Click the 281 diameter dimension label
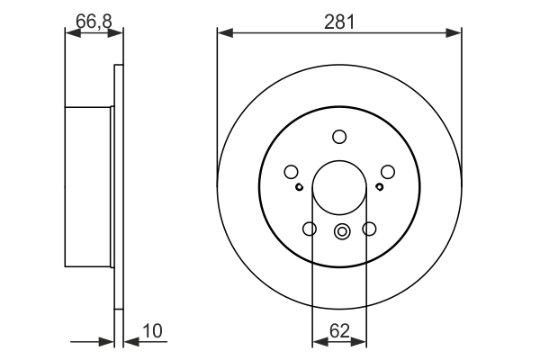click(339, 19)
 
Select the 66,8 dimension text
click(94, 19)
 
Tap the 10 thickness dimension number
click(152, 330)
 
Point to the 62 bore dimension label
click(339, 330)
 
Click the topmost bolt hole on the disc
click(339, 137)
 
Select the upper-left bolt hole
click(291, 172)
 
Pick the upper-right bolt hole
click(388, 172)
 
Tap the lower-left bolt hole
click(310, 229)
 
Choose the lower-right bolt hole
click(369, 229)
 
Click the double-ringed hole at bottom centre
click(340, 231)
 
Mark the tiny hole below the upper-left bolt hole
click(299, 187)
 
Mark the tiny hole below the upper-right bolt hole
click(380, 187)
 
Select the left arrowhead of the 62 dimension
click(317, 342)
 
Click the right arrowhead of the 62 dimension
click(362, 342)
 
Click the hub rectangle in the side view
click(89, 188)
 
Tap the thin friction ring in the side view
click(118, 188)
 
